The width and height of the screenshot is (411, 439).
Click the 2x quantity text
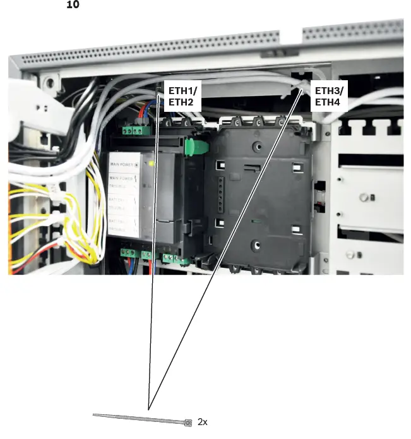pyautogui.click(x=202, y=421)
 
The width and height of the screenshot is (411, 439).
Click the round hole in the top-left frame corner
pyautogui.click(x=48, y=82)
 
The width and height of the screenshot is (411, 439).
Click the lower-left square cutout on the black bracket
pyautogui.click(x=219, y=224)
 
